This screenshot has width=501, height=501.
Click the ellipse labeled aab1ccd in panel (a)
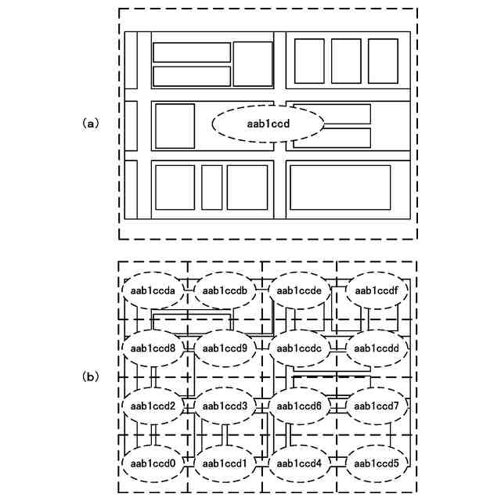click(x=269, y=124)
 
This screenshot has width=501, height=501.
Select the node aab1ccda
click(x=154, y=290)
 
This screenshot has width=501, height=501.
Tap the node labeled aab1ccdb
click(x=225, y=290)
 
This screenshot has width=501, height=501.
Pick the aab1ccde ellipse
click(x=300, y=290)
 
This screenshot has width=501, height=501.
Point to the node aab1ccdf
click(x=377, y=290)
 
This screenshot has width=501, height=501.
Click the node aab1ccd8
click(x=154, y=348)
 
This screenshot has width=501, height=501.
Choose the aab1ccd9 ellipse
click(x=225, y=348)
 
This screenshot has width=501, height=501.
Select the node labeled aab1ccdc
click(x=300, y=348)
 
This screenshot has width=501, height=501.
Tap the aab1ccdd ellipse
click(x=377, y=348)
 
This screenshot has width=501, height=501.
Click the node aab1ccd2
click(x=154, y=405)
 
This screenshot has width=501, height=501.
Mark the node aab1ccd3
click(x=225, y=405)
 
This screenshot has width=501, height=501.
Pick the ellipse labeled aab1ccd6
click(x=300, y=405)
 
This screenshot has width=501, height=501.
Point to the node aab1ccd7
click(x=377, y=405)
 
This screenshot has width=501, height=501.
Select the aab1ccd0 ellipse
click(x=154, y=463)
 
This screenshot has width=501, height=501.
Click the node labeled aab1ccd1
click(x=225, y=463)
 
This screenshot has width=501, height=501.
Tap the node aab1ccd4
click(x=300, y=463)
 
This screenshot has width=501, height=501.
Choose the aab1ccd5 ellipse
click(x=377, y=463)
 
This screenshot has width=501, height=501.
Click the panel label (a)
click(x=92, y=124)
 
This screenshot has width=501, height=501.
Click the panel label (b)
click(x=92, y=377)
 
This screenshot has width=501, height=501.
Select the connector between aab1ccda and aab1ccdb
click(x=189, y=290)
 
